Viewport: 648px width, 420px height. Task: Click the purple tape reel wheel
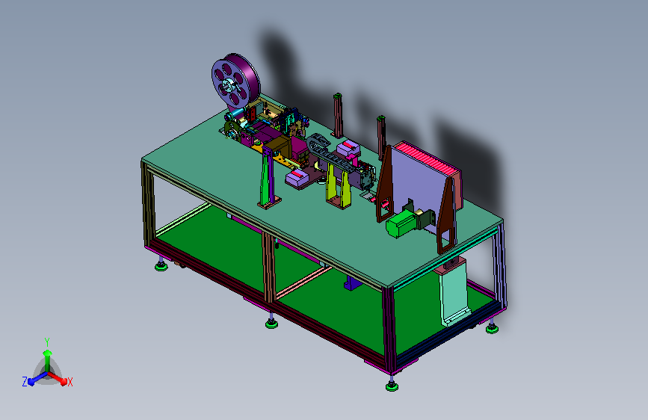(x=236, y=81)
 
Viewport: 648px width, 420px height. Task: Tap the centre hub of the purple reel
(x=228, y=87)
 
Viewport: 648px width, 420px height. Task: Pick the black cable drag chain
(x=330, y=152)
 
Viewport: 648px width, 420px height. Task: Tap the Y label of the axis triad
(x=47, y=342)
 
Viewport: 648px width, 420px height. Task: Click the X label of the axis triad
(x=70, y=383)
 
